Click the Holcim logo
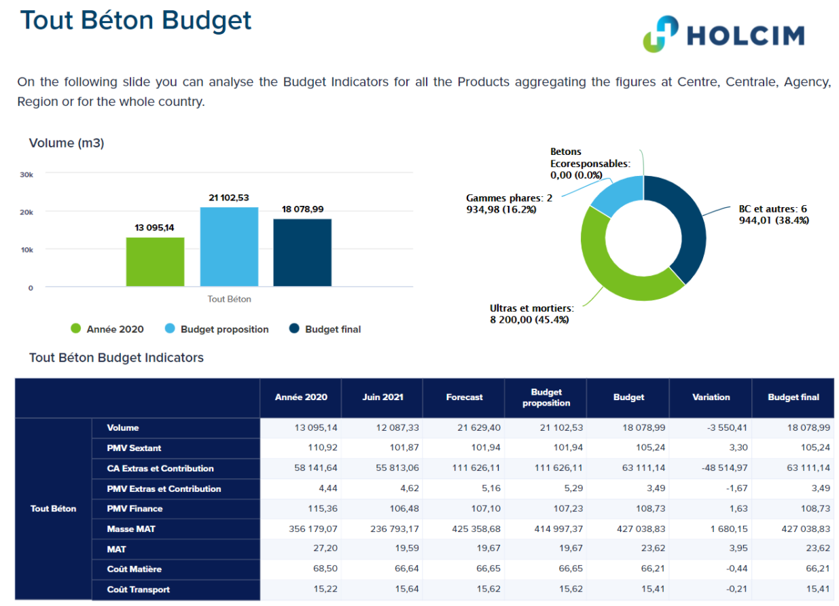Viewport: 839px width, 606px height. (x=724, y=34)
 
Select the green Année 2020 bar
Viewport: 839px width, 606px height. (x=155, y=262)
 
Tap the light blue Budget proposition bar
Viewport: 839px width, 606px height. (x=229, y=247)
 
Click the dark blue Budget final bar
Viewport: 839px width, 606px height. (x=302, y=253)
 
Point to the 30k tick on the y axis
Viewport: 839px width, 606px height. (x=26, y=175)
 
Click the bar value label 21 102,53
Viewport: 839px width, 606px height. (x=229, y=198)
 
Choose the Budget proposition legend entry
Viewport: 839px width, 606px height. (x=217, y=329)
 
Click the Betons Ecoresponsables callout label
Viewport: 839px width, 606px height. (x=590, y=163)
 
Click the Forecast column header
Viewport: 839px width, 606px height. (x=464, y=397)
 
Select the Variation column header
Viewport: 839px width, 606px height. (x=711, y=397)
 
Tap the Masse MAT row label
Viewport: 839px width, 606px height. (x=131, y=529)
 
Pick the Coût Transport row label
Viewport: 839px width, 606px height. (x=138, y=589)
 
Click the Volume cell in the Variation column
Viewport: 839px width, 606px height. (x=727, y=427)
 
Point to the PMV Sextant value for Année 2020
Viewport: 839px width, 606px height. (x=323, y=447)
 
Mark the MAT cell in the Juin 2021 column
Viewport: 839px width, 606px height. (x=407, y=548)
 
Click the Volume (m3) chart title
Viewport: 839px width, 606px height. (x=67, y=143)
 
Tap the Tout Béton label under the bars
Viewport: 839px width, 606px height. (x=229, y=299)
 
